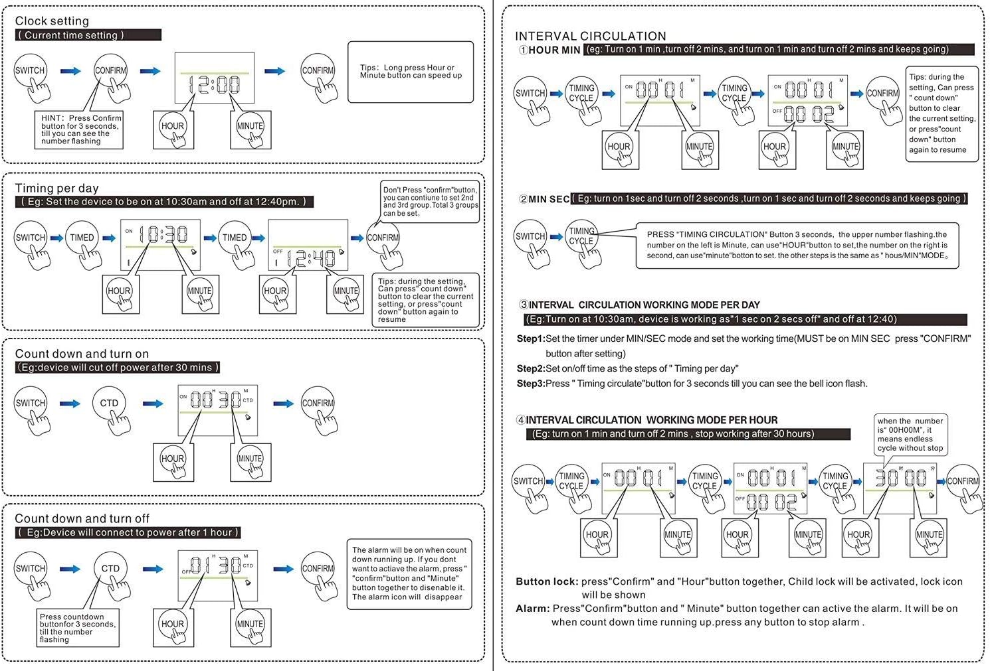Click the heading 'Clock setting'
(52, 21)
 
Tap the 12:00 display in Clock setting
(215, 79)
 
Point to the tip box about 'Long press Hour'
(411, 72)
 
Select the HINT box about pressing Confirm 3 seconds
(78, 129)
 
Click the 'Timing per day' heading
(56, 188)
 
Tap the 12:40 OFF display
(308, 245)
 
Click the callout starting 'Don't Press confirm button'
(430, 201)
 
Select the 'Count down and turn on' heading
(82, 354)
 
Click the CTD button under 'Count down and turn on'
(109, 404)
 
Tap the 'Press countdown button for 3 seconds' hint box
(77, 628)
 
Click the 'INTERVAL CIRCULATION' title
(590, 37)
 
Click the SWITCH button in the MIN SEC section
(530, 237)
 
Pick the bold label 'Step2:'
(530, 368)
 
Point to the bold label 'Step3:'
(530, 384)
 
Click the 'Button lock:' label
(546, 581)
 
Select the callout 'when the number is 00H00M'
(910, 435)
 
